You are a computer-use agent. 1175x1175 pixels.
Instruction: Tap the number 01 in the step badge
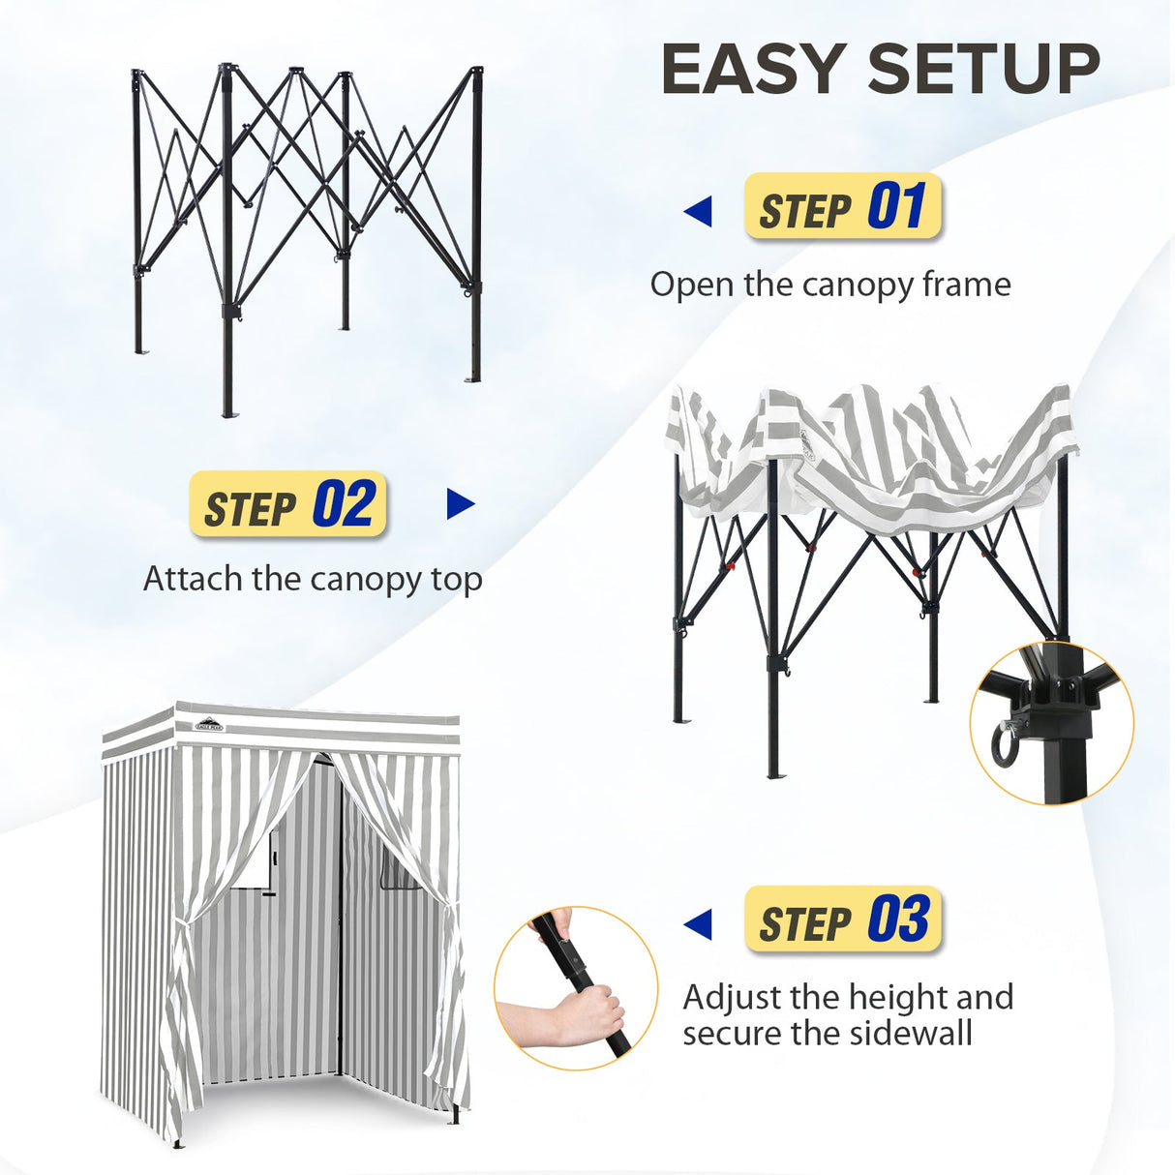pyautogui.click(x=896, y=206)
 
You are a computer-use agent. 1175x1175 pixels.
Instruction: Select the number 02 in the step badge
pyautogui.click(x=343, y=504)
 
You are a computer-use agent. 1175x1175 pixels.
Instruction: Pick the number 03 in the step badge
pyautogui.click(x=898, y=919)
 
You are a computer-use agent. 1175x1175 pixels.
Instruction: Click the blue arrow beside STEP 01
pyautogui.click(x=698, y=211)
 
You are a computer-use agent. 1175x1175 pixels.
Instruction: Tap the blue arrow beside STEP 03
pyautogui.click(x=698, y=923)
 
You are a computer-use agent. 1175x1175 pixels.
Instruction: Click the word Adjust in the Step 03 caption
pyautogui.click(x=732, y=997)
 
